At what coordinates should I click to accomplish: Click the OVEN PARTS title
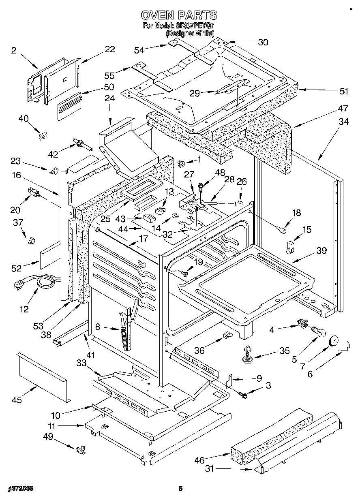coord(179,15)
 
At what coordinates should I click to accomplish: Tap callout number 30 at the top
coord(263,42)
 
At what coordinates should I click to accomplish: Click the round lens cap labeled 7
coord(334,341)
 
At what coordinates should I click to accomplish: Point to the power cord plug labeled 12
coord(19,285)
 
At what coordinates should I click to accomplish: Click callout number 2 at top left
coord(14,50)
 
